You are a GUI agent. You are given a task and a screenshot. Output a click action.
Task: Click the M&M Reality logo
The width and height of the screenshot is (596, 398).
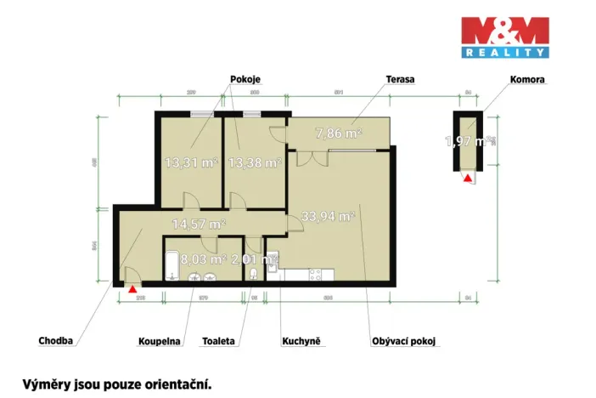click(x=503, y=38)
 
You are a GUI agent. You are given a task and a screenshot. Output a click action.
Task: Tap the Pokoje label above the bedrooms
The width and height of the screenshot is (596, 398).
click(x=245, y=79)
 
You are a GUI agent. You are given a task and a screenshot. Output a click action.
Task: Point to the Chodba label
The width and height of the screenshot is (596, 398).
click(x=56, y=341)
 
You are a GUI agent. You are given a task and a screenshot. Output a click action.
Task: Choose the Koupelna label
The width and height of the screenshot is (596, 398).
click(x=160, y=342)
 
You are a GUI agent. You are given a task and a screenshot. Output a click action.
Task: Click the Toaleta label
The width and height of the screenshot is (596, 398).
click(x=219, y=342)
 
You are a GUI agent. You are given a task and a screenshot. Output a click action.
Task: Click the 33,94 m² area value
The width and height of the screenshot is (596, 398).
click(x=328, y=217)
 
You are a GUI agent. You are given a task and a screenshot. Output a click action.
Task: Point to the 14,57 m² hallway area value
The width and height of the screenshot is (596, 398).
click(x=198, y=225)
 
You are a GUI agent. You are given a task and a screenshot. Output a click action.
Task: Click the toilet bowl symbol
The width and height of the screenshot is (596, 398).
click(x=256, y=273)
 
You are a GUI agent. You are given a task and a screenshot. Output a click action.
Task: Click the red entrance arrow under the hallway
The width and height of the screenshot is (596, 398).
click(x=132, y=289)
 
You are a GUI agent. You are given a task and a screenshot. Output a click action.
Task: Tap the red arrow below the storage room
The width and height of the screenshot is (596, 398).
click(x=466, y=179)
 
